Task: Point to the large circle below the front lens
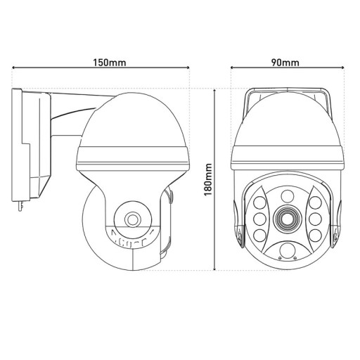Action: [x=287, y=252]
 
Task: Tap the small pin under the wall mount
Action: [x=22, y=205]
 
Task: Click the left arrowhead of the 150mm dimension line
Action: [x=15, y=68]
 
